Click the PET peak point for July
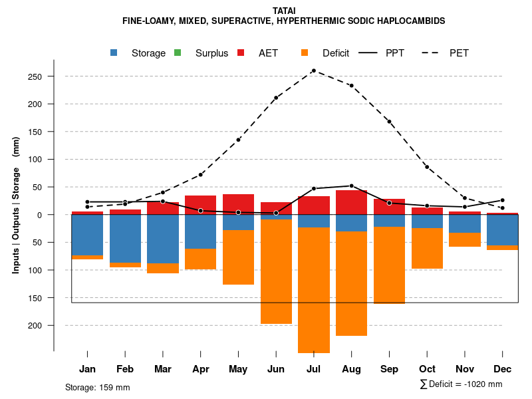313,70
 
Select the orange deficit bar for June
276,271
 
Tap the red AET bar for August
352,202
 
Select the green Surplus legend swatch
178,53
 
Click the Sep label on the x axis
389,369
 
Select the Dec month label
503,369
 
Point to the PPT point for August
351,186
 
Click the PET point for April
201,175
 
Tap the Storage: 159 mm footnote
97,387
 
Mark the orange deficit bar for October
428,248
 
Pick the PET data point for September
389,122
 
